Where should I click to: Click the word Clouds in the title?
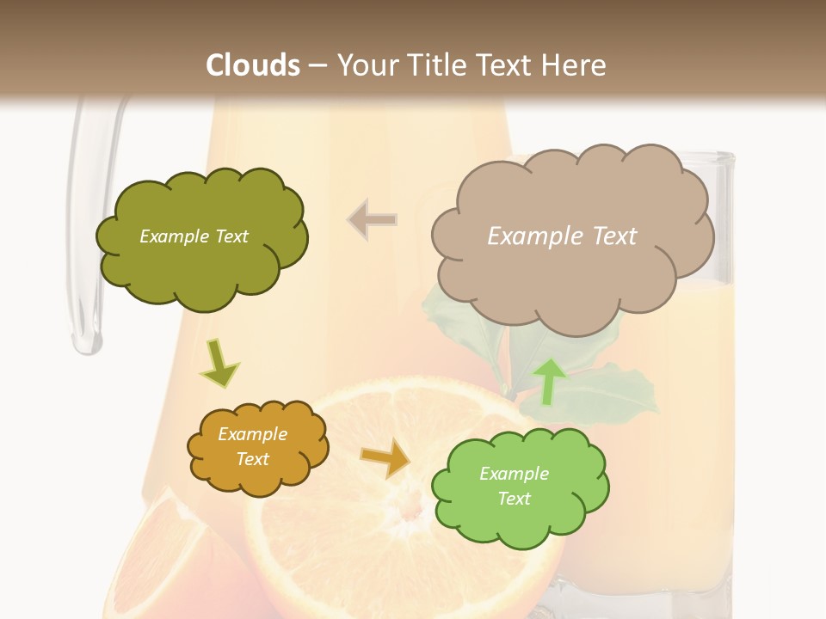(x=253, y=65)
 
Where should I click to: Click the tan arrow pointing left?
(x=372, y=220)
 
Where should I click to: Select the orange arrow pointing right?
(x=386, y=457)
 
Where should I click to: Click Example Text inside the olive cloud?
(x=194, y=236)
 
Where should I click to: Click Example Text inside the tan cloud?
(x=562, y=236)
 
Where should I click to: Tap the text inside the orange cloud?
(x=252, y=447)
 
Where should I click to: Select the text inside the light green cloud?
(x=514, y=487)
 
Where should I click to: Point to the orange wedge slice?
(x=163, y=559)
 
